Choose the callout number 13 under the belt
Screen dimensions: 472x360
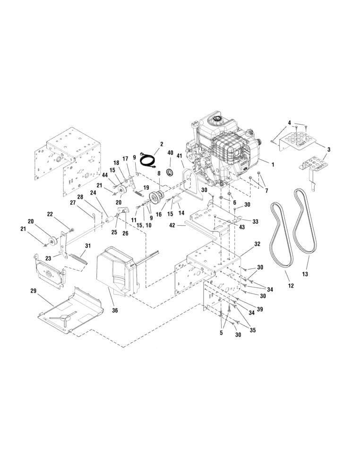coord(305,273)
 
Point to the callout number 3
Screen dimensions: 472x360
coord(329,150)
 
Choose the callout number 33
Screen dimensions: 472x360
coord(256,221)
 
